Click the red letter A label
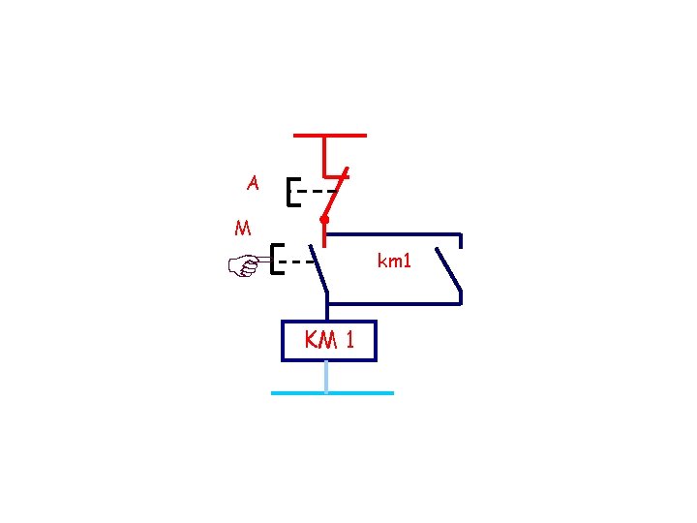point(253,182)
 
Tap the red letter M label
point(243,229)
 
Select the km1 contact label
point(394,260)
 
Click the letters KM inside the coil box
point(320,340)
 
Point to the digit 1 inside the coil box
point(349,340)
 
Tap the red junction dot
point(325,221)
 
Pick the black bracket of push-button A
point(290,192)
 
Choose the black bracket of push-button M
point(276,260)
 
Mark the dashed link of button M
point(296,261)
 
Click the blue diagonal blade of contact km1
point(448,270)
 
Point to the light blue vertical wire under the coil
point(326,376)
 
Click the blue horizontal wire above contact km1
point(392,234)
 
